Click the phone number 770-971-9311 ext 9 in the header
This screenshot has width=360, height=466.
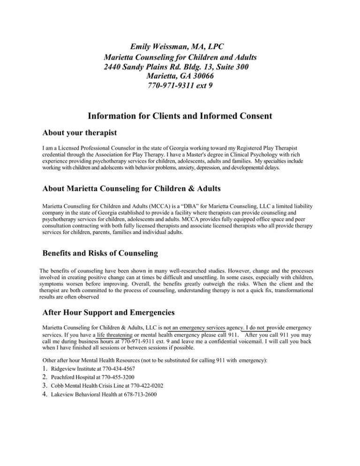click(180, 86)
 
